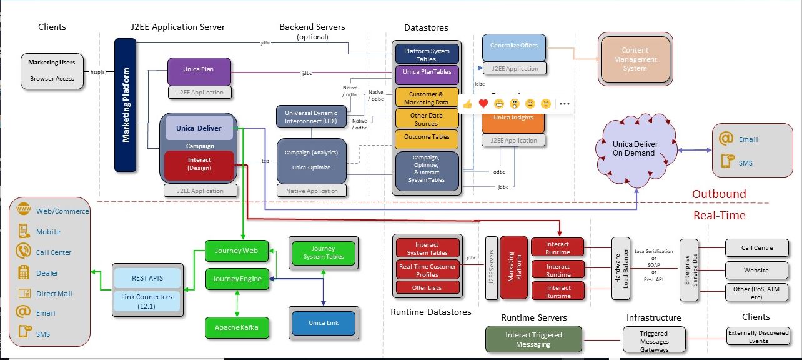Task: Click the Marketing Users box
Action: (x=51, y=70)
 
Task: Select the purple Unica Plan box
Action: (x=199, y=71)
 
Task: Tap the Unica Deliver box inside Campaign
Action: (x=199, y=128)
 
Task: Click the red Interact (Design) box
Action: (x=199, y=164)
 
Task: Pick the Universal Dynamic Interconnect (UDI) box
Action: (x=310, y=117)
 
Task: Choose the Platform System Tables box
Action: (x=427, y=54)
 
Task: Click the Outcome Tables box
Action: (x=427, y=137)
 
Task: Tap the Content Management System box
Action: (x=635, y=59)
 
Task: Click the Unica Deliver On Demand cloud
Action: (x=635, y=149)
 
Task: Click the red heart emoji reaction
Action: (x=483, y=104)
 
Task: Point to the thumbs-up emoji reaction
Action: (x=467, y=104)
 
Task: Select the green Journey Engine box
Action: (x=237, y=279)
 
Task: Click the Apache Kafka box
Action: (x=237, y=327)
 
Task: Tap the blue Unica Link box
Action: (x=324, y=323)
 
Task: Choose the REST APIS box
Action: (x=147, y=278)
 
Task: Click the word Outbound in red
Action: (x=718, y=194)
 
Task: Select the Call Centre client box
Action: (x=757, y=248)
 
